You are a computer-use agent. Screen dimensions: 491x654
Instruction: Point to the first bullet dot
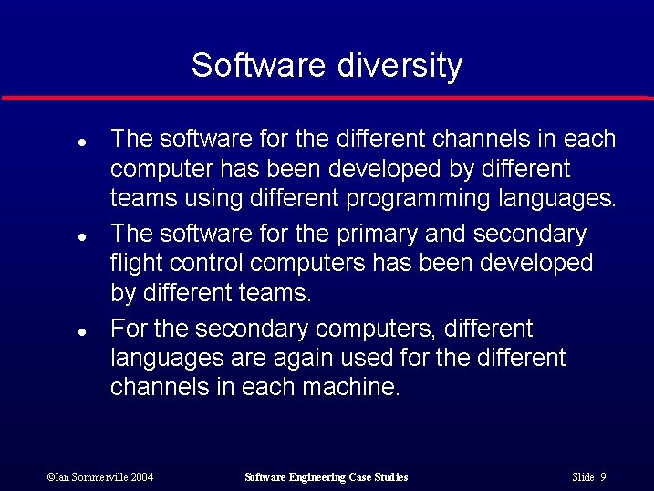pyautogui.click(x=81, y=143)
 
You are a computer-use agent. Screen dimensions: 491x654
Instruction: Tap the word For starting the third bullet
pyautogui.click(x=129, y=328)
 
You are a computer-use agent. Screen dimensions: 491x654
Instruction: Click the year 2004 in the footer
pyautogui.click(x=140, y=477)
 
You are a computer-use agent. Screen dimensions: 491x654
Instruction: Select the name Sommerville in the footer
pyautogui.click(x=95, y=477)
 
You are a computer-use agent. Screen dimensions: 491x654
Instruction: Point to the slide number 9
pyautogui.click(x=604, y=477)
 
